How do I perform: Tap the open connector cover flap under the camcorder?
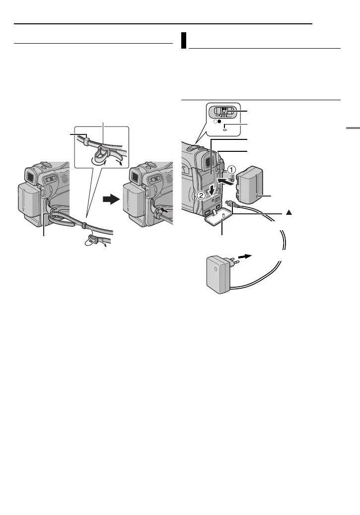pos(215,219)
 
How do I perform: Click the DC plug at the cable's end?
pos(229,203)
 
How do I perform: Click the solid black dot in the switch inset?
pos(218,121)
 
